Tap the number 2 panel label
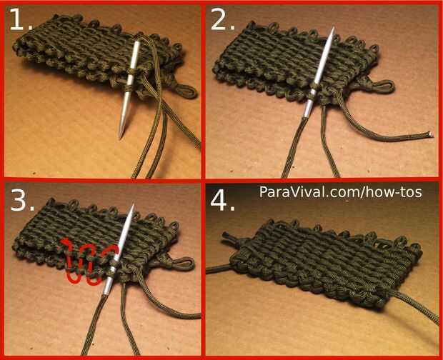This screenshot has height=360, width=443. (222, 19)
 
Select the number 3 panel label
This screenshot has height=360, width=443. (23, 200)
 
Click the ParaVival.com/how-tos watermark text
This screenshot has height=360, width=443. (340, 192)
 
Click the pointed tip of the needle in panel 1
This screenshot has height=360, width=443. (121, 138)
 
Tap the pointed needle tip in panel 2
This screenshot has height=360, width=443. (334, 29)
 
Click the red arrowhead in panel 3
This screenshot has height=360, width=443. (66, 242)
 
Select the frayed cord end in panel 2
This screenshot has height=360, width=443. (429, 135)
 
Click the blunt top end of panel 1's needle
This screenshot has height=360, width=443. (137, 43)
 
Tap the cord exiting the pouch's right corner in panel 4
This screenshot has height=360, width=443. (413, 306)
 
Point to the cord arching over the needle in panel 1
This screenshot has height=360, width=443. (153, 45)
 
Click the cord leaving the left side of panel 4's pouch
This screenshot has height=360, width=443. (218, 269)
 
